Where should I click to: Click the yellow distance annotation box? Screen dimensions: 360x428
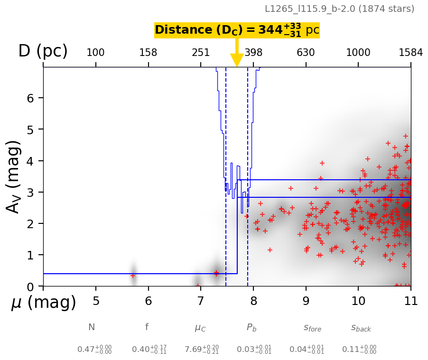[237, 30]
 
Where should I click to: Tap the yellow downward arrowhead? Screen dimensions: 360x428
[237, 60]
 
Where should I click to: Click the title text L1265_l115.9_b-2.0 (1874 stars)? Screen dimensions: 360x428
[339, 9]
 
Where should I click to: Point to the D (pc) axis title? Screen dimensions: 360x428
[43, 51]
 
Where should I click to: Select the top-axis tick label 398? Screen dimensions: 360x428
[253, 53]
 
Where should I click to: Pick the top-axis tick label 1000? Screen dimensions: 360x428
[358, 53]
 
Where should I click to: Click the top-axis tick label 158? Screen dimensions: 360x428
[148, 53]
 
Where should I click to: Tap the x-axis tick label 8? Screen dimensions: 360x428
[253, 301]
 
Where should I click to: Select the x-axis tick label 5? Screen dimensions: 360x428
[96, 301]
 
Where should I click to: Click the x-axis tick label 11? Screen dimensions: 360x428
[411, 301]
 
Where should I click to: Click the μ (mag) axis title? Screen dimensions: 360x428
[44, 303]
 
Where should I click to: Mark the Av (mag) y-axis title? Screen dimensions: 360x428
[14, 176]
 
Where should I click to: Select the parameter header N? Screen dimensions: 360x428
[92, 327]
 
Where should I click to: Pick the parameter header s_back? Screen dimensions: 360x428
[361, 328]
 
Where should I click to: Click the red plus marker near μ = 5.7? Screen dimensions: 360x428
[133, 276]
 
